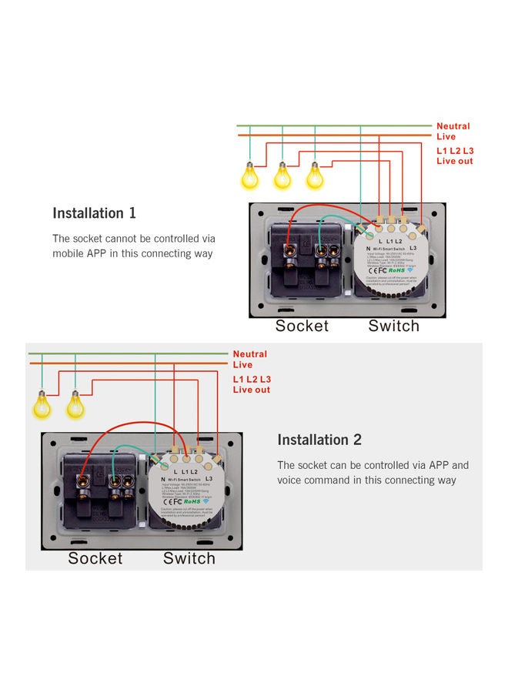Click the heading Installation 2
[x=319, y=440]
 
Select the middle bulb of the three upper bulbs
[x=282, y=176]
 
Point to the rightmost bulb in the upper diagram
[x=315, y=176]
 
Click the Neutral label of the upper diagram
[x=453, y=126]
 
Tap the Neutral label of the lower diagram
[x=249, y=354]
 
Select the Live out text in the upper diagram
[x=454, y=161]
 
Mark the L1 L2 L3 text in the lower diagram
[x=252, y=380]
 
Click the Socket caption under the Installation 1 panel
[x=302, y=326]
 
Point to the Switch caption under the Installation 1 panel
[x=393, y=326]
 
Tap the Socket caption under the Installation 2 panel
[x=95, y=558]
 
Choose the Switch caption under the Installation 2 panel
[x=189, y=558]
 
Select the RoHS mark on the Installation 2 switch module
[x=194, y=500]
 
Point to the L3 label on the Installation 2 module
[x=210, y=479]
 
